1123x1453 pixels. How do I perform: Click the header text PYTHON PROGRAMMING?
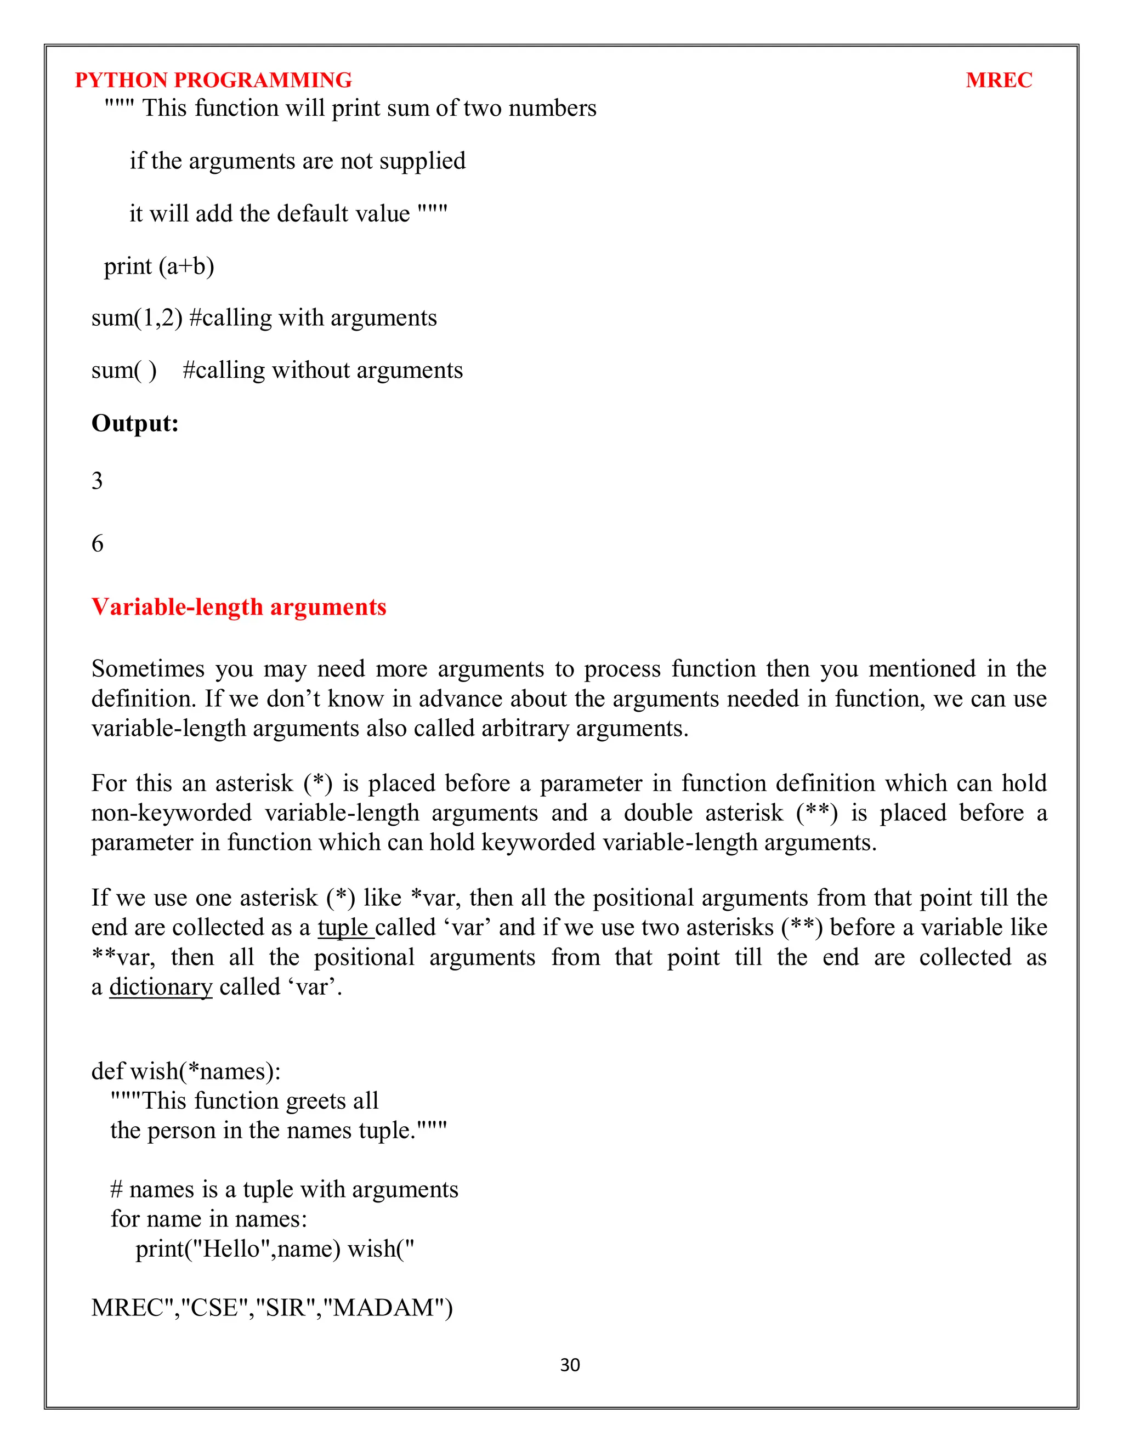pos(213,80)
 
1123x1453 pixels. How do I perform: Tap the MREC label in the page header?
pos(998,80)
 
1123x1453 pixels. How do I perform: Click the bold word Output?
pos(135,423)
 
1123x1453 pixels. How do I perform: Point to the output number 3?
pos(97,481)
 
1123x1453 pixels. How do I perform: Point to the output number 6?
pos(97,543)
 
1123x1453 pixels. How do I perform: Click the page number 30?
pos(570,1365)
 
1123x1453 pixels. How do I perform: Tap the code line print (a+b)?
pos(159,266)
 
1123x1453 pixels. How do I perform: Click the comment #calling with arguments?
pos(313,318)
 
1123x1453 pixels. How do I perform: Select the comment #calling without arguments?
pos(322,371)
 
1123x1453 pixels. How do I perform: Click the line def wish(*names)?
pos(186,1071)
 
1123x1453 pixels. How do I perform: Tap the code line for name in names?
pos(208,1219)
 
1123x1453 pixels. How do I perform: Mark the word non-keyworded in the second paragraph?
pos(172,813)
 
